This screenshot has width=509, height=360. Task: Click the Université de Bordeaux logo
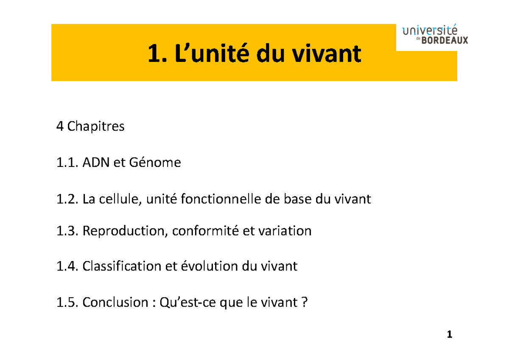(x=435, y=35)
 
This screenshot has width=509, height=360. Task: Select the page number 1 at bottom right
(x=450, y=335)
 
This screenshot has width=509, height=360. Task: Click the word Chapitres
(x=96, y=127)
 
